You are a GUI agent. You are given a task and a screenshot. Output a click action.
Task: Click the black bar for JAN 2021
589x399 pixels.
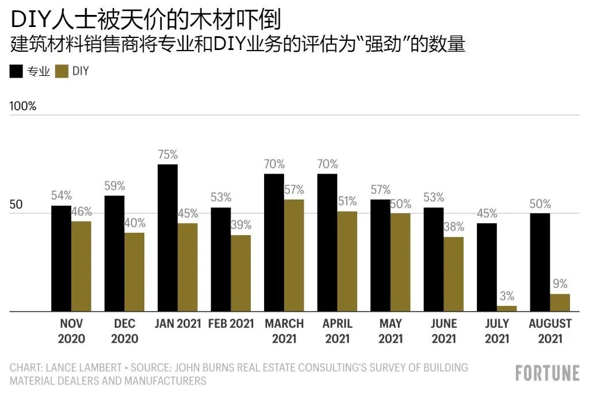(167, 238)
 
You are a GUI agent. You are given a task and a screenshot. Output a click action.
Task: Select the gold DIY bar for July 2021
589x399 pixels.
(507, 309)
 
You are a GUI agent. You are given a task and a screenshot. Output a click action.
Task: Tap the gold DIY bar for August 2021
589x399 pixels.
(560, 302)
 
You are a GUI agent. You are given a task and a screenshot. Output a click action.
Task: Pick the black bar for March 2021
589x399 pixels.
(274, 243)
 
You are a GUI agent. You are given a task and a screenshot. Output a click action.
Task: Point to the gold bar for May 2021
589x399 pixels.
(400, 262)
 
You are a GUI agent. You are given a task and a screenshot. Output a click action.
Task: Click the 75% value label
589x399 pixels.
(167, 155)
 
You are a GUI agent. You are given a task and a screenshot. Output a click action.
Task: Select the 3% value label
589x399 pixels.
(507, 296)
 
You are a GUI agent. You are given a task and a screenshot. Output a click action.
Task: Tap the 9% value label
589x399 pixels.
(560, 283)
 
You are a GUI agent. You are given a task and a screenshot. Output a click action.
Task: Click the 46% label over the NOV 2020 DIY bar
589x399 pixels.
(81, 212)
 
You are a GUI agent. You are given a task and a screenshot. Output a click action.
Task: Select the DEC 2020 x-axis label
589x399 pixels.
(125, 331)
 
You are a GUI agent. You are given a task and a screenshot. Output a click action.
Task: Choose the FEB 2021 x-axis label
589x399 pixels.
(231, 324)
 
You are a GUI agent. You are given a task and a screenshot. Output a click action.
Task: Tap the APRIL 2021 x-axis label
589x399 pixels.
(337, 331)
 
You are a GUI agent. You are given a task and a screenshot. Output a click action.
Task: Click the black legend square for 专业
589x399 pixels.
(16, 71)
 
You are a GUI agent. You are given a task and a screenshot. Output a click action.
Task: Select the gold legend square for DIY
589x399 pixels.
(62, 71)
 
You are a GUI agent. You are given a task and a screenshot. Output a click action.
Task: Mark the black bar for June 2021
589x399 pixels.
(433, 259)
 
